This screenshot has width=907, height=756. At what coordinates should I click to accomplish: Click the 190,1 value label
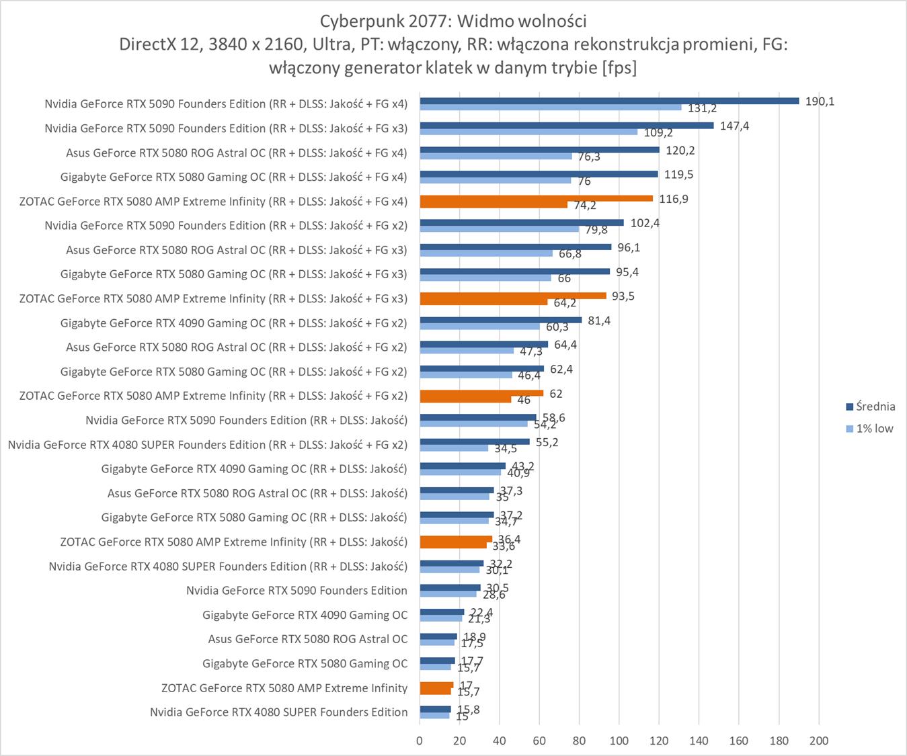pos(820,101)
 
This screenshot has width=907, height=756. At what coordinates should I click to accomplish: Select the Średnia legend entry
pos(870,406)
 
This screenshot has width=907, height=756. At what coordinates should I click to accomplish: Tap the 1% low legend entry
pos(870,429)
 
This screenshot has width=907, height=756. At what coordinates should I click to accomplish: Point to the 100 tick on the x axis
pos(619,741)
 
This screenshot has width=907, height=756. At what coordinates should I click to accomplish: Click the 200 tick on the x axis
pos(818,741)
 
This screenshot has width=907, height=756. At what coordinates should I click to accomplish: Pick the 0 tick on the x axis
pos(420,741)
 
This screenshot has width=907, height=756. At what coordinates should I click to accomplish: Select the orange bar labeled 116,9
pos(536,198)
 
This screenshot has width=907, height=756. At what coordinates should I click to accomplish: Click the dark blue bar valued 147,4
pos(566,125)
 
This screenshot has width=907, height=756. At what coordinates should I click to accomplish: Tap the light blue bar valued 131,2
pos(550,108)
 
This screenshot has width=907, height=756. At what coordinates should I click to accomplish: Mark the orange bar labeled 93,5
pos(512,296)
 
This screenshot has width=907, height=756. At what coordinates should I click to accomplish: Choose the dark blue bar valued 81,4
pos(500,320)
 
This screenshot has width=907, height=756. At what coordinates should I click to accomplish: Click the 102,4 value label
pos(645,223)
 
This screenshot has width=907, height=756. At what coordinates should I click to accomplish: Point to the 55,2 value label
pos(547,442)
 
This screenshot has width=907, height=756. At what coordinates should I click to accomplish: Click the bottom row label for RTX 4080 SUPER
pos(278,712)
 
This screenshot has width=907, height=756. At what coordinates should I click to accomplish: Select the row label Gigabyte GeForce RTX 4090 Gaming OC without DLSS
pos(305,615)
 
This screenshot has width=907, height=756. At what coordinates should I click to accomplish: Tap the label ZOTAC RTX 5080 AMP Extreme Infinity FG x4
pos(213,201)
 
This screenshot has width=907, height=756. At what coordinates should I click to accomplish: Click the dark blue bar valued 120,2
pos(539,149)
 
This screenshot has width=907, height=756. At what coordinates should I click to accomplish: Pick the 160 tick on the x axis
pos(738,741)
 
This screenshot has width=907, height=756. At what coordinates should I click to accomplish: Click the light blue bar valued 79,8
pos(499,229)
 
